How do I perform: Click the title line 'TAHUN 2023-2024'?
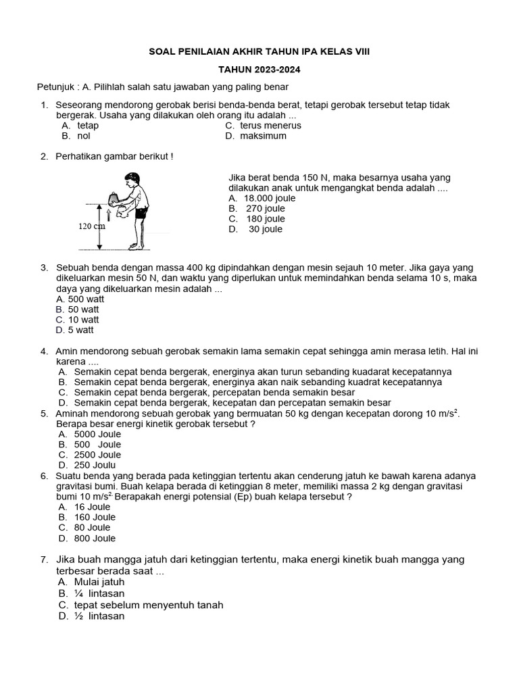(x=259, y=70)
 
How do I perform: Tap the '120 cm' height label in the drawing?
(x=93, y=226)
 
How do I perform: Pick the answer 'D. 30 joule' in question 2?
(x=255, y=229)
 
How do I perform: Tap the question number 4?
(x=44, y=351)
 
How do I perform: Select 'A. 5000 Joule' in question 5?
(x=90, y=435)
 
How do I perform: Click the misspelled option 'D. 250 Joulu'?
(x=87, y=465)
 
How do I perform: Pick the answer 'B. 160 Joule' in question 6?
(x=87, y=517)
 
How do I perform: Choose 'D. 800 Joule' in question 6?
(x=87, y=539)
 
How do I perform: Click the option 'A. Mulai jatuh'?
(x=91, y=582)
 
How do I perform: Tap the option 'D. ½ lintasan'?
(x=91, y=616)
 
